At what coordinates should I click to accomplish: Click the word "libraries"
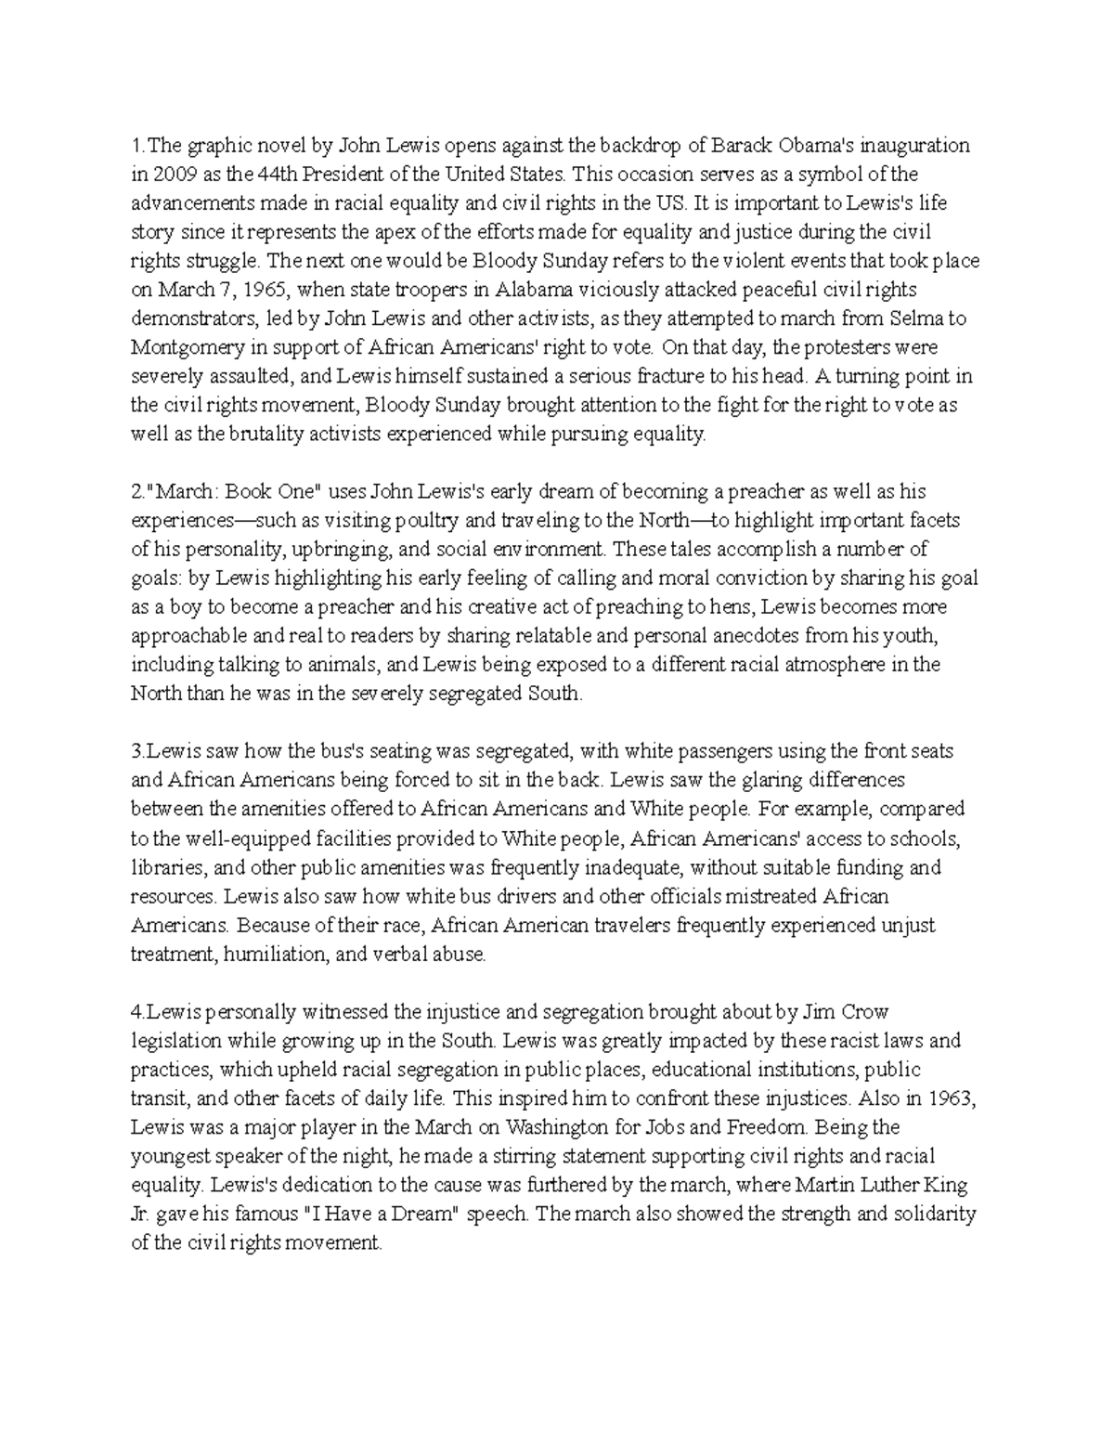(x=168, y=868)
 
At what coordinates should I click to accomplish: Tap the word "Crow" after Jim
(x=868, y=1011)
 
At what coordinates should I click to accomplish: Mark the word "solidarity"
(x=929, y=1214)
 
